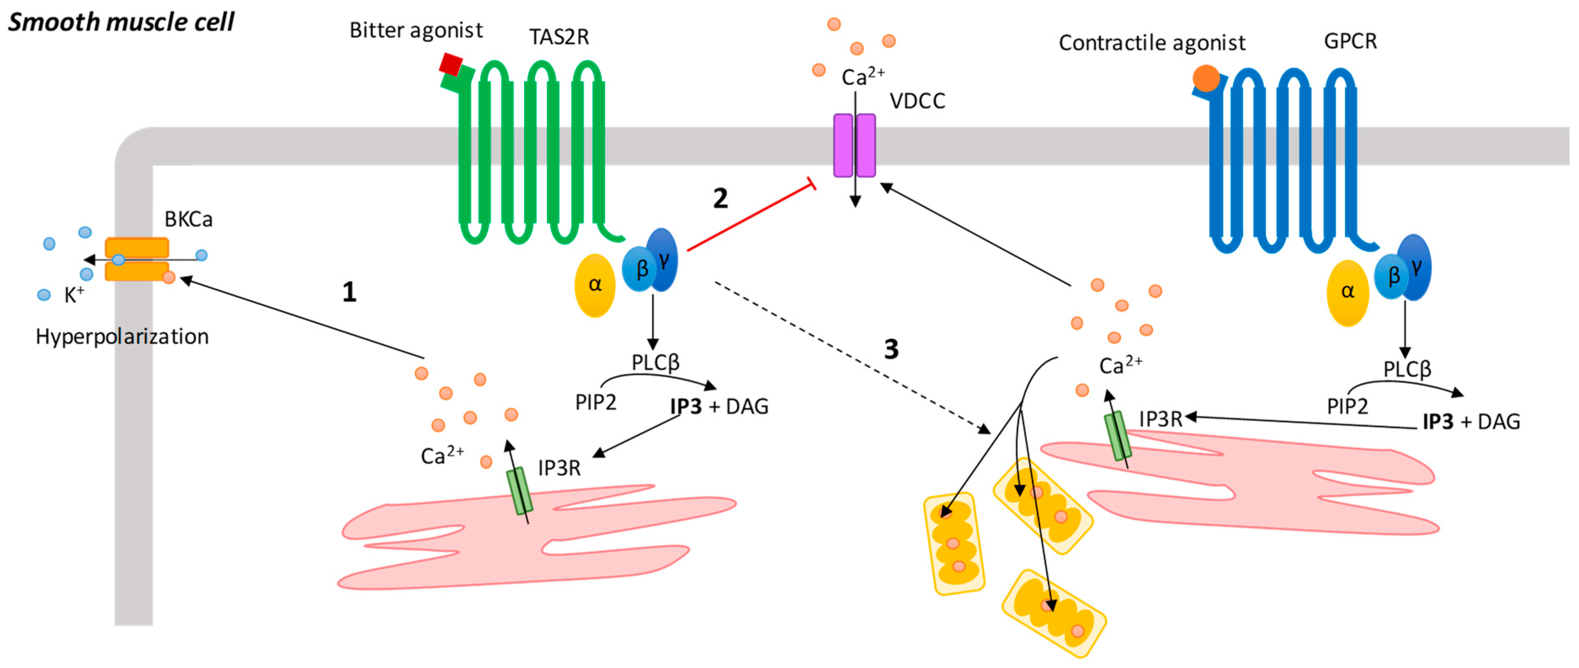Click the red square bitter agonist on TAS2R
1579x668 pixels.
click(451, 64)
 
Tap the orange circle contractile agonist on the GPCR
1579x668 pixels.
click(1206, 78)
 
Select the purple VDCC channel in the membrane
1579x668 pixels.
click(854, 145)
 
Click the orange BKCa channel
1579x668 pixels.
click(137, 259)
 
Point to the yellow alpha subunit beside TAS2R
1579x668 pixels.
click(595, 285)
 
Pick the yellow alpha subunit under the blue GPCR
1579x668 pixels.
click(1347, 293)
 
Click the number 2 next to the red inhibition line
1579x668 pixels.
click(721, 198)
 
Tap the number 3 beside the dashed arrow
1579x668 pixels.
click(891, 349)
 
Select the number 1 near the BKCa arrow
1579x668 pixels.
click(349, 292)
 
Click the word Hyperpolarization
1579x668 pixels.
click(122, 337)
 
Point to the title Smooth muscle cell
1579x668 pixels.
click(121, 22)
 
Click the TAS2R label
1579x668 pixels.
click(559, 37)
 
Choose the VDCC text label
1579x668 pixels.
click(917, 101)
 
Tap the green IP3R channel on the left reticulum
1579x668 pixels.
click(519, 491)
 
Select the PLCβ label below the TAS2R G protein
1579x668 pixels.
click(655, 363)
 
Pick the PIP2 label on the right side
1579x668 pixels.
click(1347, 406)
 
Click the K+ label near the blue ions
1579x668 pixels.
click(74, 295)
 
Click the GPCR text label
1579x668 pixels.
click(1350, 41)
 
